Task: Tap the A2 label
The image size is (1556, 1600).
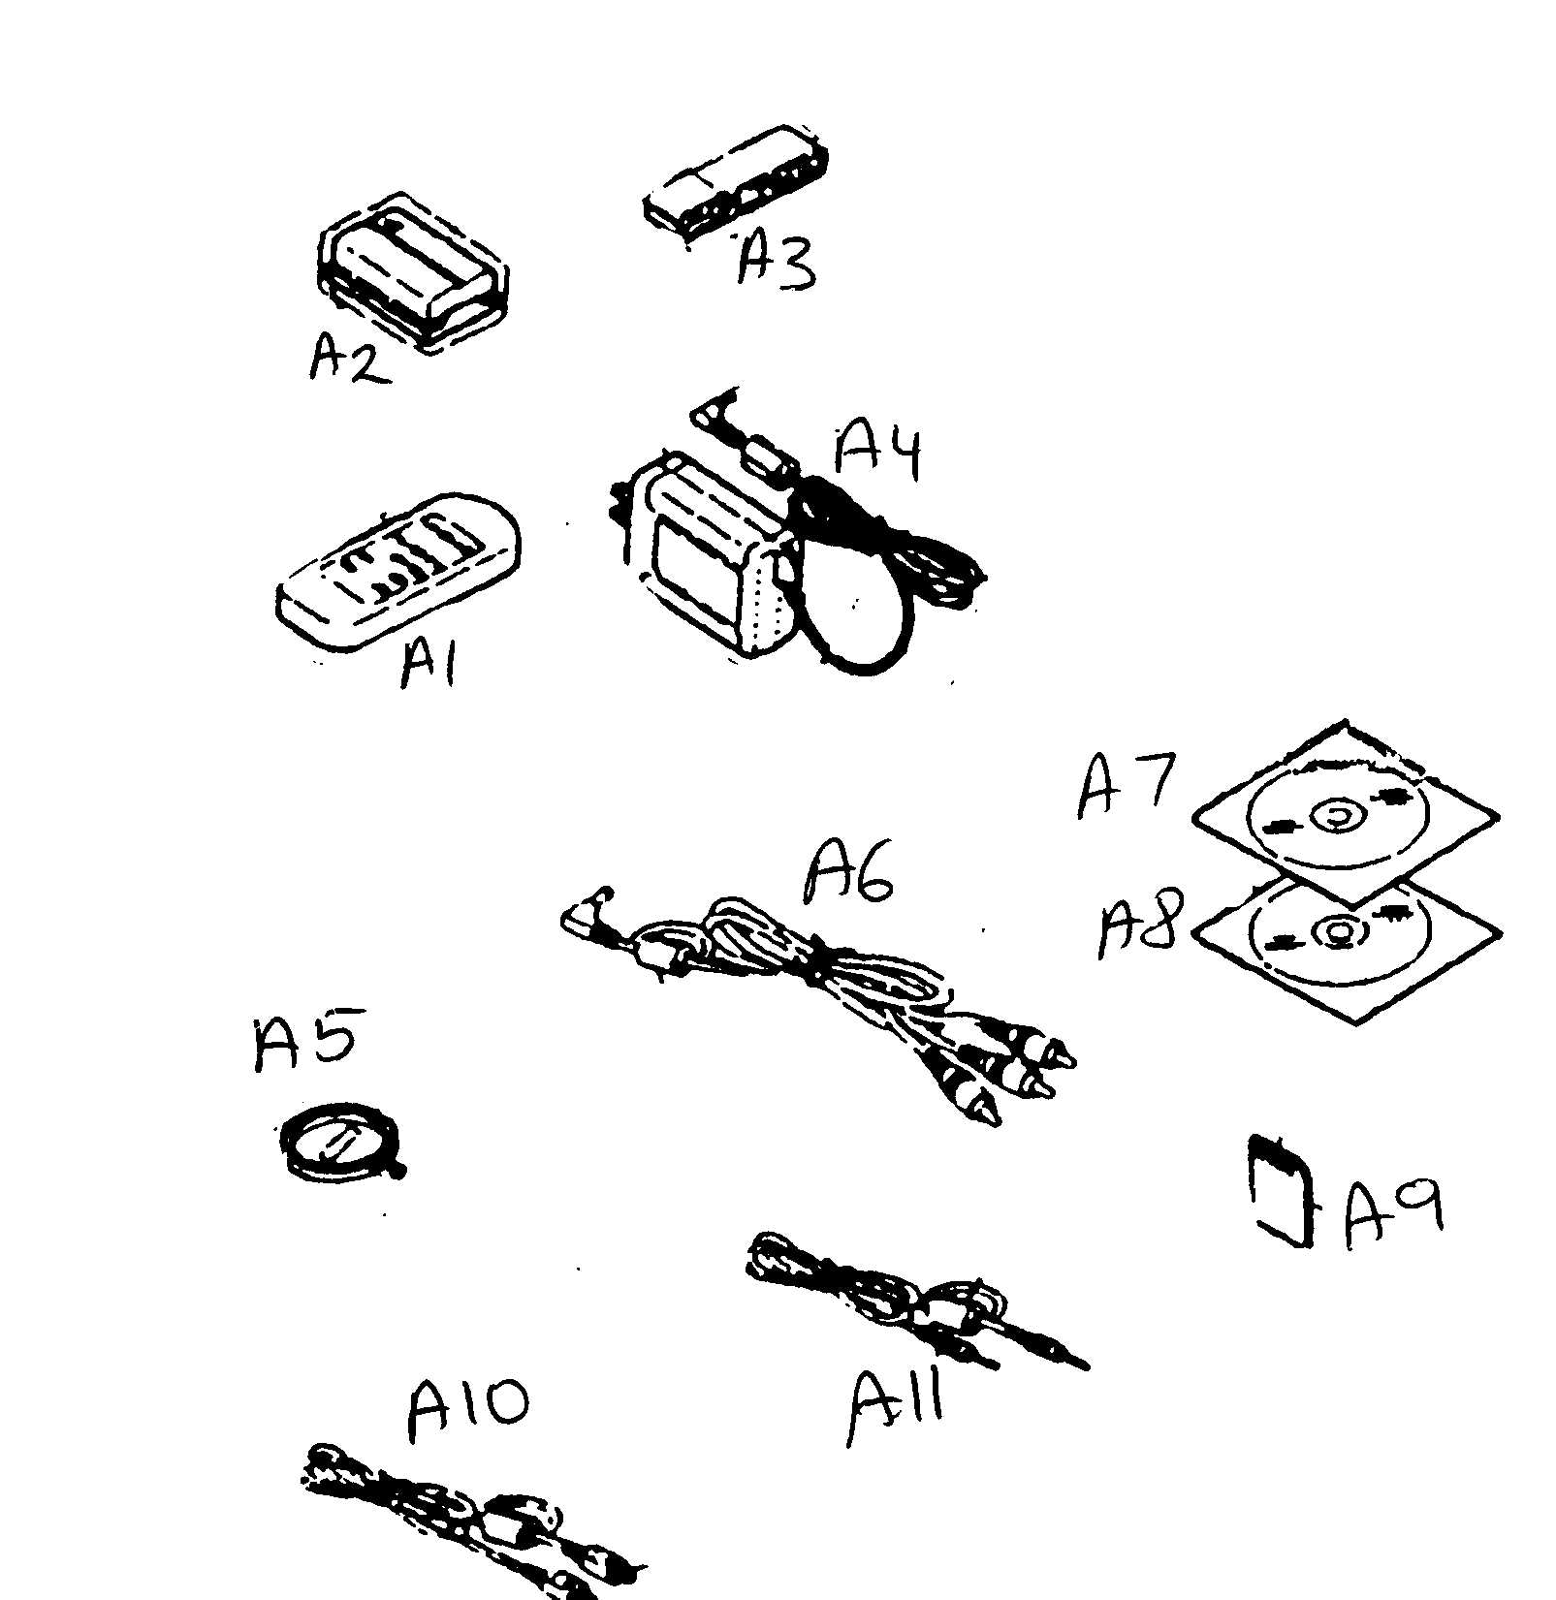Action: tap(348, 360)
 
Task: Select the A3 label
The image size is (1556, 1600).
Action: tap(776, 261)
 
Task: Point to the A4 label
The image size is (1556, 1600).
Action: tap(878, 451)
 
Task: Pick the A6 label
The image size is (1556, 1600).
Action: tap(849, 874)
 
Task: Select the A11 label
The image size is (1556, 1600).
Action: tap(898, 1408)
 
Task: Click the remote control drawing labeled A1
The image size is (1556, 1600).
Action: tap(397, 572)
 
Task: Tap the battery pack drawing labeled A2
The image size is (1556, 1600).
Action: tap(412, 271)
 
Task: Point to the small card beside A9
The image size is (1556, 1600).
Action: tap(1282, 1191)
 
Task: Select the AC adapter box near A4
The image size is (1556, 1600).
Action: tap(713, 562)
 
